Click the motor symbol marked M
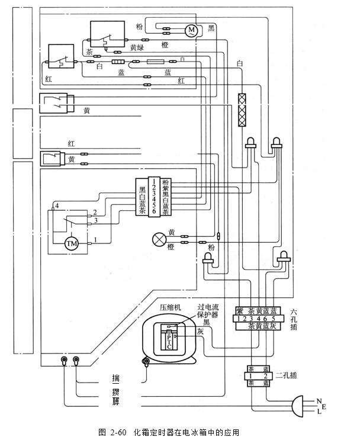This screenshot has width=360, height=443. pyautogui.click(x=191, y=29)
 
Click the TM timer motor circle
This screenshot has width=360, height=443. pyautogui.click(x=72, y=243)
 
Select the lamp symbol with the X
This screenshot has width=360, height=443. pyautogui.click(x=159, y=239)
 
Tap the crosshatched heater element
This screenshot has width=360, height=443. pyautogui.click(x=242, y=110)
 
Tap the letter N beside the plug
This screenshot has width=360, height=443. pyautogui.click(x=319, y=400)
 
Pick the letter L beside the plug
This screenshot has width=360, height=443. pyautogui.click(x=319, y=412)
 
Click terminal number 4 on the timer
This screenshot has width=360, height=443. pyautogui.click(x=57, y=205)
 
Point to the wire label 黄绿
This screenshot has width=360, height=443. pyautogui.click(x=137, y=47)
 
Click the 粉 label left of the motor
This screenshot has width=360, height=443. pyautogui.click(x=139, y=27)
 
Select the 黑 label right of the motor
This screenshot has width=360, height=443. pyautogui.click(x=211, y=28)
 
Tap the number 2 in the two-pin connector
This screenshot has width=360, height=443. pyautogui.click(x=266, y=375)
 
